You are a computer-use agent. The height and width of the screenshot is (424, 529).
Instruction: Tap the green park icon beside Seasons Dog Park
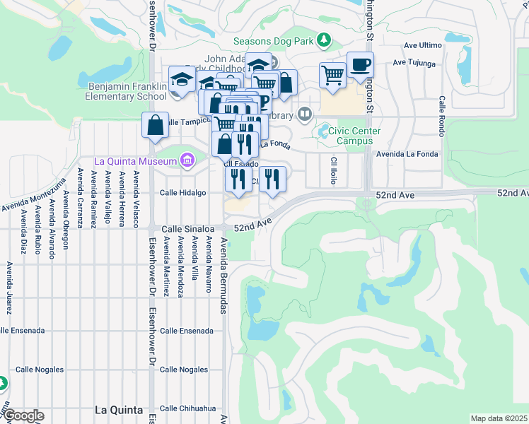[325, 40]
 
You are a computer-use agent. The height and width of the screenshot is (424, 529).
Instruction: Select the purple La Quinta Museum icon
[187, 161]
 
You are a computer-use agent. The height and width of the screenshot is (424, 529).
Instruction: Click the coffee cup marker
[360, 65]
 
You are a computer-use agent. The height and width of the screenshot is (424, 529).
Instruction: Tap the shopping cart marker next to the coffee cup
[332, 74]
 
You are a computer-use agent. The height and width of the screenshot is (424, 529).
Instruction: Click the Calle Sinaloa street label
[187, 229]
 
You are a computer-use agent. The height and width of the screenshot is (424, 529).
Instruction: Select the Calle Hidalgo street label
[182, 192]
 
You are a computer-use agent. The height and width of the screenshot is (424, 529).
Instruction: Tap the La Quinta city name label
[119, 410]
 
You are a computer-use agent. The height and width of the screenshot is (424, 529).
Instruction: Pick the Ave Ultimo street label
[422, 45]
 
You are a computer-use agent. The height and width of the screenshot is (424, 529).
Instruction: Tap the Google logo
[23, 416]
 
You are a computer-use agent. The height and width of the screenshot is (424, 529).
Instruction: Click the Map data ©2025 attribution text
[499, 418]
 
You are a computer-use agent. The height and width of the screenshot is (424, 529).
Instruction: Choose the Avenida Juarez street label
[9, 288]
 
